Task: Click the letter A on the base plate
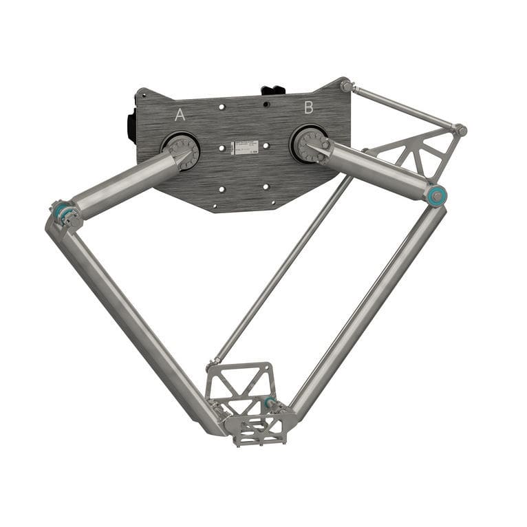180,115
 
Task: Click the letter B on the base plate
309,107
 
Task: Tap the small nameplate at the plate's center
244,147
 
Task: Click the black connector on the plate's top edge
273,90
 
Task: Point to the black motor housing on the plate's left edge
131,127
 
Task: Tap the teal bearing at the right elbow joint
436,195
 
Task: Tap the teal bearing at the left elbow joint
61,211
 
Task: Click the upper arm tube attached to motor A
124,184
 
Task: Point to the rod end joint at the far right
460,129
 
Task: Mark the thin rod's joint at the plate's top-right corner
347,86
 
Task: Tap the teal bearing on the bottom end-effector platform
268,402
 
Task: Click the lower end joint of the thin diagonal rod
215,363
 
